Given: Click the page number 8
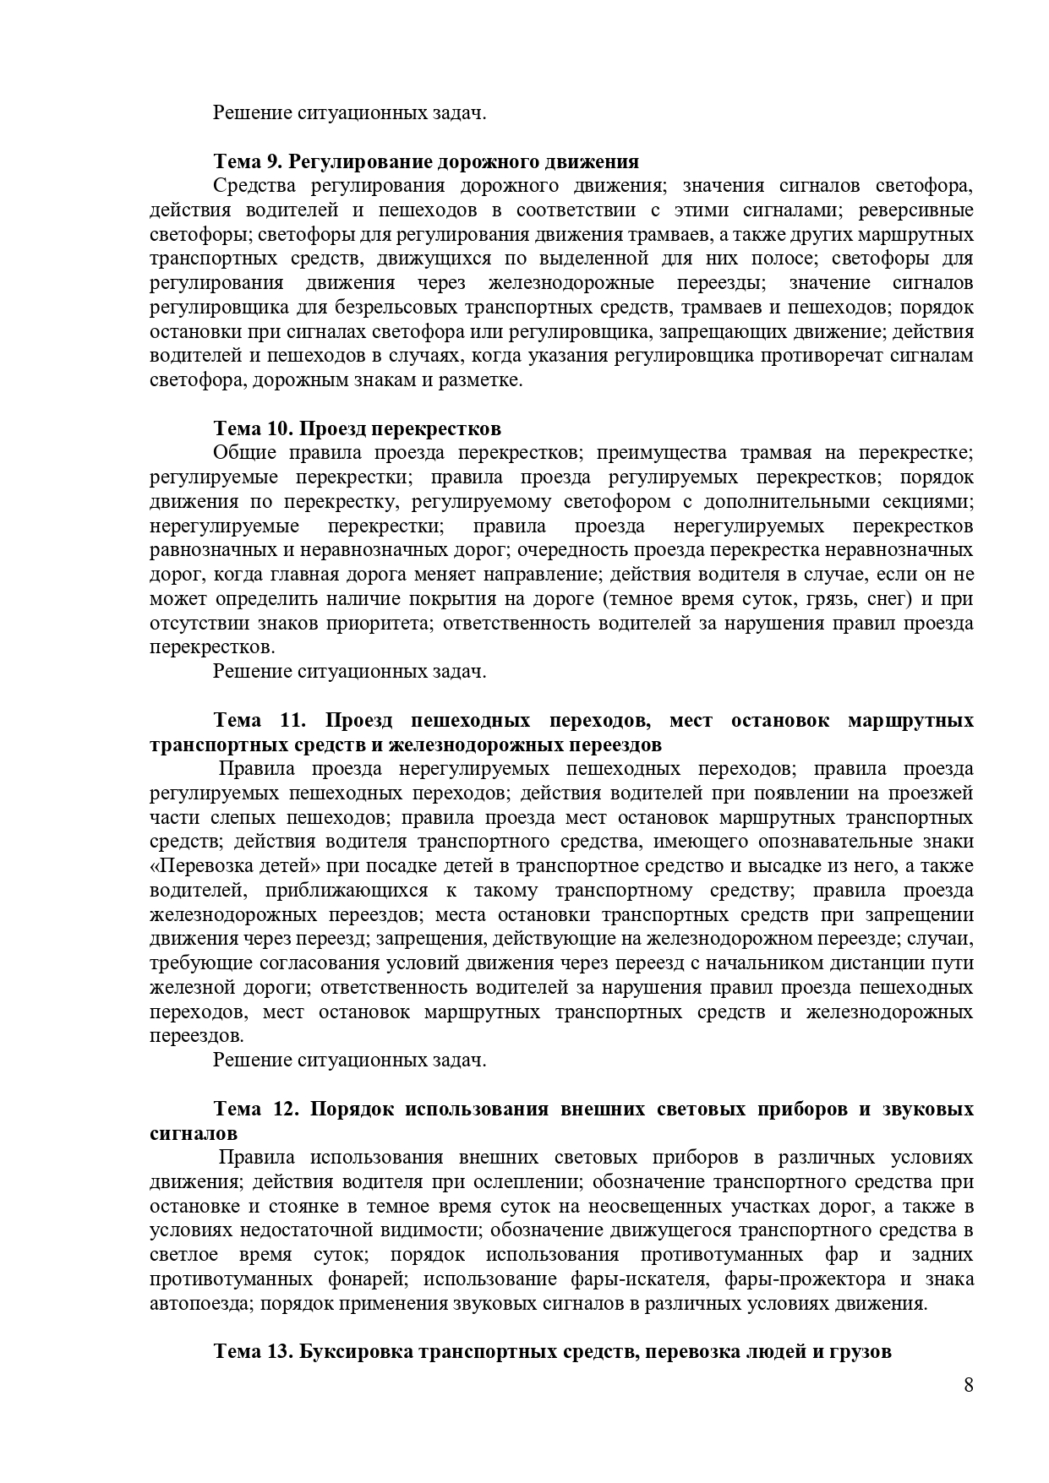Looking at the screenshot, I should [968, 1385].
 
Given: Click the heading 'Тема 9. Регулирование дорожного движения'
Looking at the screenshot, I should [426, 161].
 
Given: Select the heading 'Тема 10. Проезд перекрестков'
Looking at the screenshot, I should [357, 428].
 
